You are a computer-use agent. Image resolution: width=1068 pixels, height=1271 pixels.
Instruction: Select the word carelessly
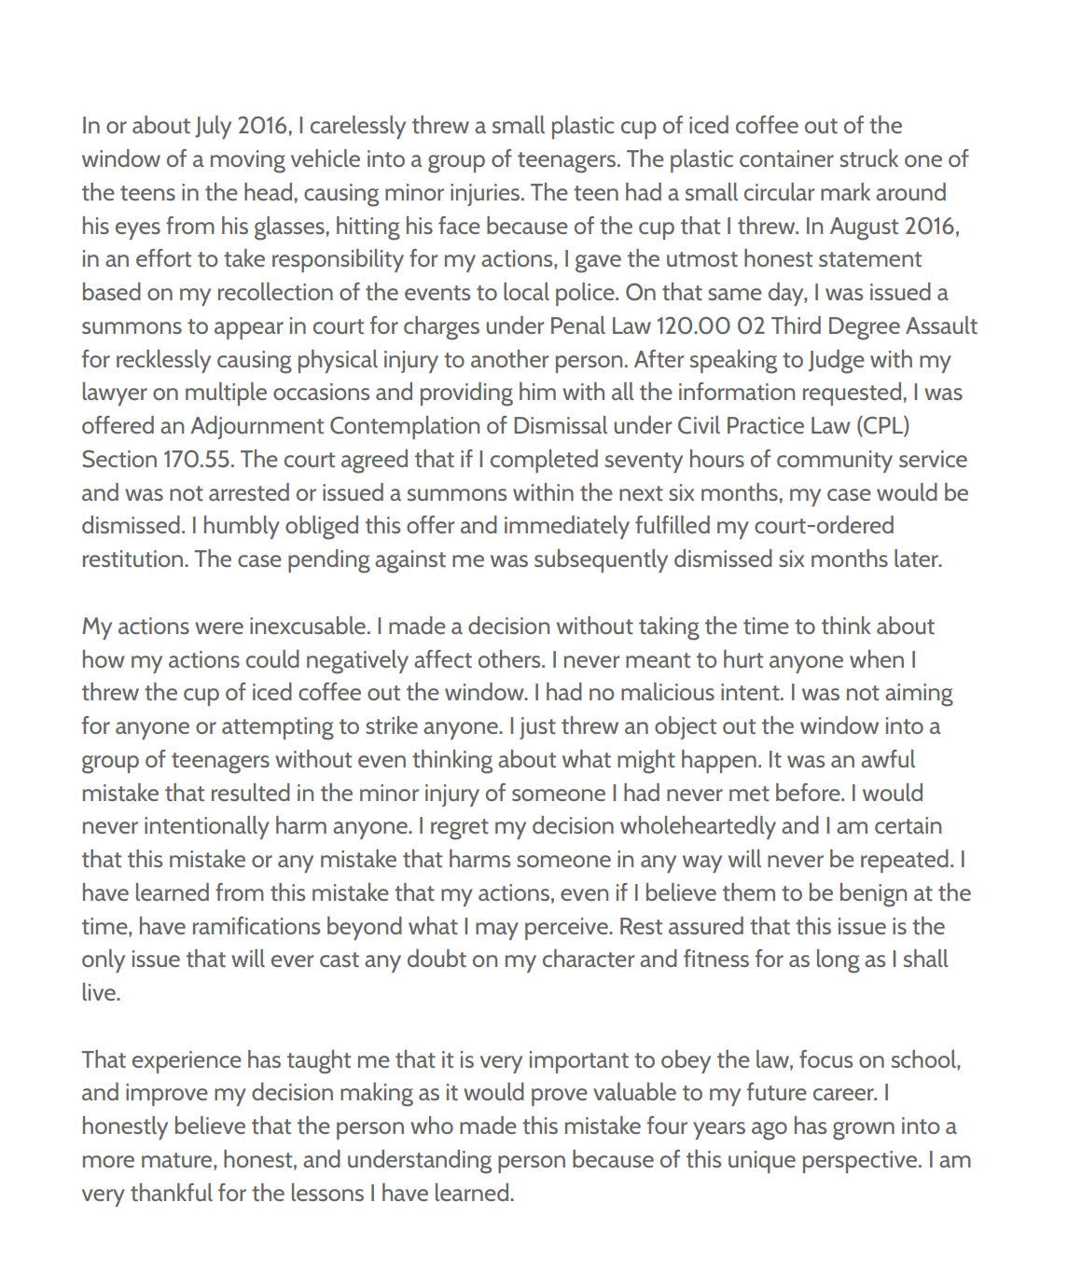click(357, 126)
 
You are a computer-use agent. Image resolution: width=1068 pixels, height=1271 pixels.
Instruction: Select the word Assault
click(935, 326)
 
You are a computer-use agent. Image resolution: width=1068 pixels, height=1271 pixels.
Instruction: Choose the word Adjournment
click(257, 426)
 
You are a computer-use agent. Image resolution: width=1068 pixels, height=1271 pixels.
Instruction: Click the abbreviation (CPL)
click(882, 426)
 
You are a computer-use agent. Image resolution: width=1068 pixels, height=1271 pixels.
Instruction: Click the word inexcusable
click(309, 627)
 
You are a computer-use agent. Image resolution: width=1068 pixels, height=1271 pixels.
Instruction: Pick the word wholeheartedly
click(697, 826)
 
